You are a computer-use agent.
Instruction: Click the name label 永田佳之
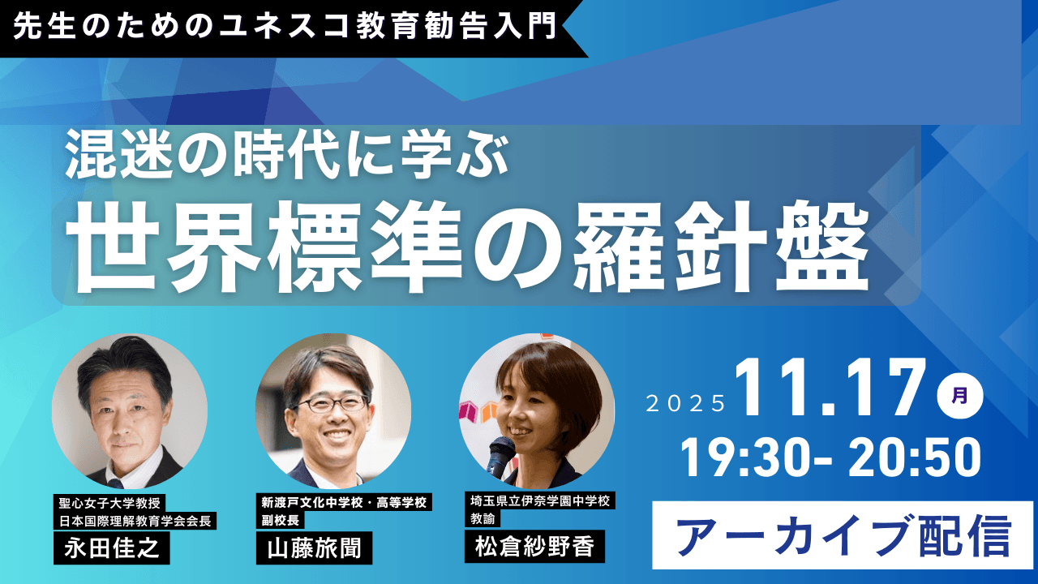tap(112, 547)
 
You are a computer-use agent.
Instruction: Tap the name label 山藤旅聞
tap(314, 547)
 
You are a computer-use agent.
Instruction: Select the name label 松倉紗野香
tap(534, 547)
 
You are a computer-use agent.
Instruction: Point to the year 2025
tap(686, 404)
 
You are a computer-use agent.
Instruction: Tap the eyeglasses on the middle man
tap(332, 404)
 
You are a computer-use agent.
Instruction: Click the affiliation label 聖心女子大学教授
tap(109, 503)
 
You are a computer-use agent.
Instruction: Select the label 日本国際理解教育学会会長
tap(135, 521)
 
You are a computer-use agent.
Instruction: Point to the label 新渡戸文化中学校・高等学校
tap(344, 502)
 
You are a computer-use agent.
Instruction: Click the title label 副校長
tap(281, 520)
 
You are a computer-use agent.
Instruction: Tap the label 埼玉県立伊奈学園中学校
tap(540, 501)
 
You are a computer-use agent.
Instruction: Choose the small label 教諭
tap(483, 518)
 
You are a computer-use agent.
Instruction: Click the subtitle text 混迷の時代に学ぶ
tap(287, 155)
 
